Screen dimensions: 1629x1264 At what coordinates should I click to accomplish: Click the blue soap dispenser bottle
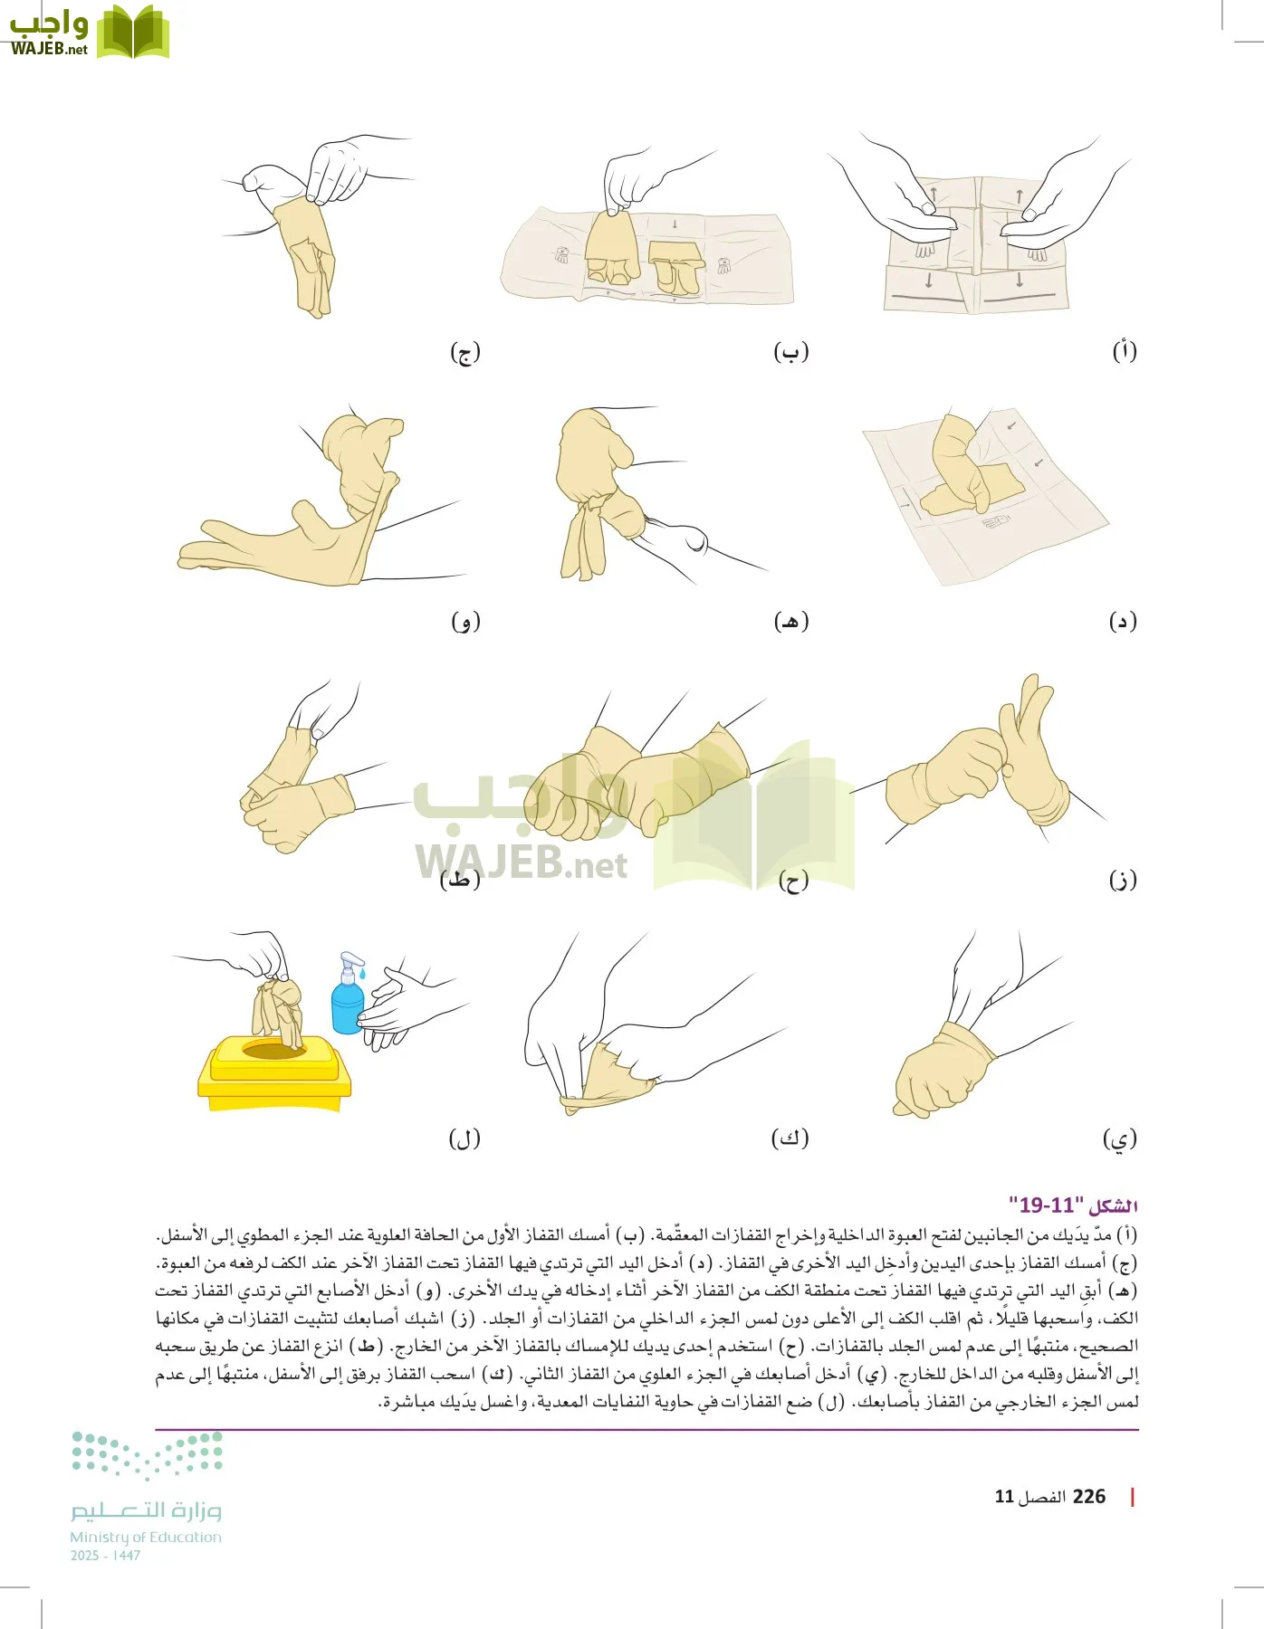click(x=347, y=1006)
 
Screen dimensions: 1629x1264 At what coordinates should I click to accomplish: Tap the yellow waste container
click(x=273, y=1077)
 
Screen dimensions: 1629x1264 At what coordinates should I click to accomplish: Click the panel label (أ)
click(x=1124, y=351)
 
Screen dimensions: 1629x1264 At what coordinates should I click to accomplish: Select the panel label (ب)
click(x=790, y=352)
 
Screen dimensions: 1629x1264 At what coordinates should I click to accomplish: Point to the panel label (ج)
click(x=464, y=352)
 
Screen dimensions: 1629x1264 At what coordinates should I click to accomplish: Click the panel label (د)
click(x=1123, y=621)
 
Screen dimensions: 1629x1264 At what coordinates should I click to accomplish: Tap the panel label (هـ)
click(x=790, y=621)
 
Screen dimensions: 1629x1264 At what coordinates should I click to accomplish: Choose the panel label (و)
click(x=465, y=621)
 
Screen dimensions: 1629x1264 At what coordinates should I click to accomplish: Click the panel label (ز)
click(x=1123, y=879)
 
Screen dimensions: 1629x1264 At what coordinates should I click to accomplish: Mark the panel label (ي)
click(x=1120, y=1138)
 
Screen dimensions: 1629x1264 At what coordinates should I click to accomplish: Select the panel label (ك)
click(x=790, y=1138)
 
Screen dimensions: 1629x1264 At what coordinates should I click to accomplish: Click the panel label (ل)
click(x=464, y=1138)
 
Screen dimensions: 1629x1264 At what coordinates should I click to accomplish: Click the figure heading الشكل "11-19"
click(x=1073, y=1205)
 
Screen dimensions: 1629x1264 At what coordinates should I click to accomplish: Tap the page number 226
click(x=1088, y=1496)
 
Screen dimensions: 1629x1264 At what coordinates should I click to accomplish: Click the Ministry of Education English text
click(x=146, y=1537)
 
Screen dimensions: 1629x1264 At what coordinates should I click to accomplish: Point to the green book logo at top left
click(x=132, y=32)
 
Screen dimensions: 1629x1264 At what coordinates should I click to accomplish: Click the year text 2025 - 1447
click(x=105, y=1556)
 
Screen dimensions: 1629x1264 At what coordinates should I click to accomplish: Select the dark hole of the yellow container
click(x=273, y=1050)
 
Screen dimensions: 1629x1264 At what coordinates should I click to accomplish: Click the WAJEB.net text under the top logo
click(x=49, y=49)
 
